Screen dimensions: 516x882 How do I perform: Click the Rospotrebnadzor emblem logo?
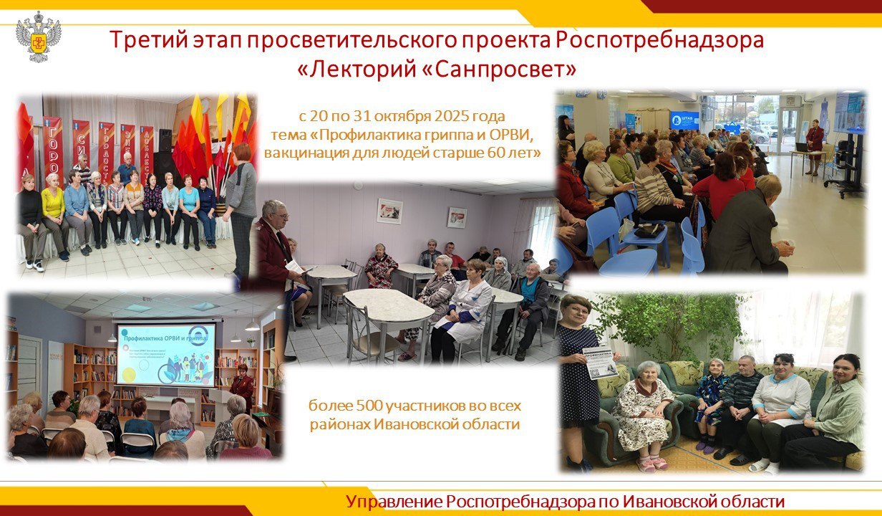click(39, 37)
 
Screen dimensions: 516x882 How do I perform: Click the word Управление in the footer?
click(392, 502)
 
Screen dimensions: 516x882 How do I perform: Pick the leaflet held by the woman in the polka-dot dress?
click(600, 361)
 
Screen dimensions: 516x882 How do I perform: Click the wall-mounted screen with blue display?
click(684, 120)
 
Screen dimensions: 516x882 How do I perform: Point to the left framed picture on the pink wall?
click(389, 211)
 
